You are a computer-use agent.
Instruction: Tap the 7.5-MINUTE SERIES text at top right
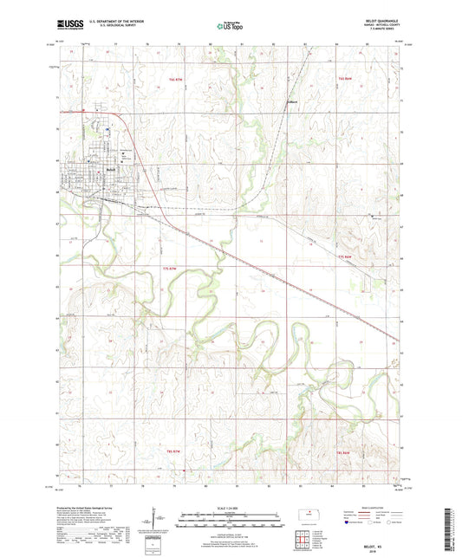[x=375, y=31]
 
